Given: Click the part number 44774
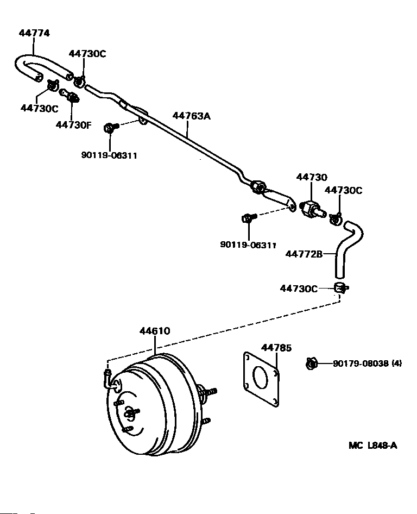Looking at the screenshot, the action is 34,33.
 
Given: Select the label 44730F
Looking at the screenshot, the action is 73,125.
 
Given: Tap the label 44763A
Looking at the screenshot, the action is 191,116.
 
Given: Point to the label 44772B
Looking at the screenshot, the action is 304,254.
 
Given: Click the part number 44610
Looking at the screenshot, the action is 155,331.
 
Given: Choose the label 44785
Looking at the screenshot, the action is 276,348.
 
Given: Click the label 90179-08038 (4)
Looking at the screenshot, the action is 367,363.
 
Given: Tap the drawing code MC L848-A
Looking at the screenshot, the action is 373,446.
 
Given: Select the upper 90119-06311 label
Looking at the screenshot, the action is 109,155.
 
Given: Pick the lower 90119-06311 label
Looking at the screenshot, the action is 248,245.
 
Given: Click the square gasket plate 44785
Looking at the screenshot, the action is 261,379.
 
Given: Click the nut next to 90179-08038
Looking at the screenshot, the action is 311,363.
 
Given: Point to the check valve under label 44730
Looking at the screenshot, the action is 313,210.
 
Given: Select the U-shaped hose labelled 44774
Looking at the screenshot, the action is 42,67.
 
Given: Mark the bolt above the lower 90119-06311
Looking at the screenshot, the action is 249,218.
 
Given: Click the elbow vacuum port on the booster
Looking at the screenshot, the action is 110,380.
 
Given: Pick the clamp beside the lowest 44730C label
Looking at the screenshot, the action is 341,288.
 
